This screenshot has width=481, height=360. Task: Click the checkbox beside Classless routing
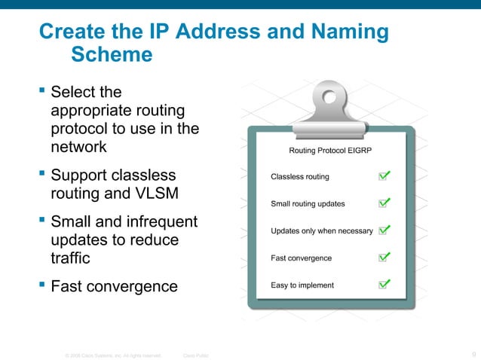383,177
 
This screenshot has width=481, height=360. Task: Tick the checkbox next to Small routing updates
383,203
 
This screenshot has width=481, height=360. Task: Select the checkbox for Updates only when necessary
383,230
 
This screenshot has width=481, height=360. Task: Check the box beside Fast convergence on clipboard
383,258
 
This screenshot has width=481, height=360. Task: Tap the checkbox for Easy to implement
383,285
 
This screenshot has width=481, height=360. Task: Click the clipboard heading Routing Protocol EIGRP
330,151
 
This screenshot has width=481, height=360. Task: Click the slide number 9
473,354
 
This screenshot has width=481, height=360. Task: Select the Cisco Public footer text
197,355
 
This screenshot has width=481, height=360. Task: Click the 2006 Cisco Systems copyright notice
114,355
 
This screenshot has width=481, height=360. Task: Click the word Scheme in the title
111,55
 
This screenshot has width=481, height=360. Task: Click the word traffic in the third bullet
70,258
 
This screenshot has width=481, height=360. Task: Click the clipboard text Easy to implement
302,285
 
